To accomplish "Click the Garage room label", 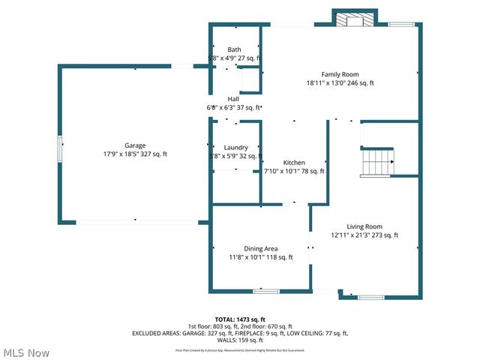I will click(x=135, y=145).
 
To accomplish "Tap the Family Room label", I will click(x=340, y=74).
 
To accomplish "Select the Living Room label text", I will click(x=364, y=226).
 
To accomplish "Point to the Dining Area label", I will click(x=261, y=248).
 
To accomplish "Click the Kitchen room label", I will click(x=294, y=163).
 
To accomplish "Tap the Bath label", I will click(x=235, y=49).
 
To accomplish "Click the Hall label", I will click(x=233, y=99).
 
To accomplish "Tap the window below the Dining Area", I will click(x=265, y=291).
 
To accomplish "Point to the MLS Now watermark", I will click(x=26, y=352).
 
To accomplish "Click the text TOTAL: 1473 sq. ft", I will click(x=239, y=319).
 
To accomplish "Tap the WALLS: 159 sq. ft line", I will click(x=239, y=340).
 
